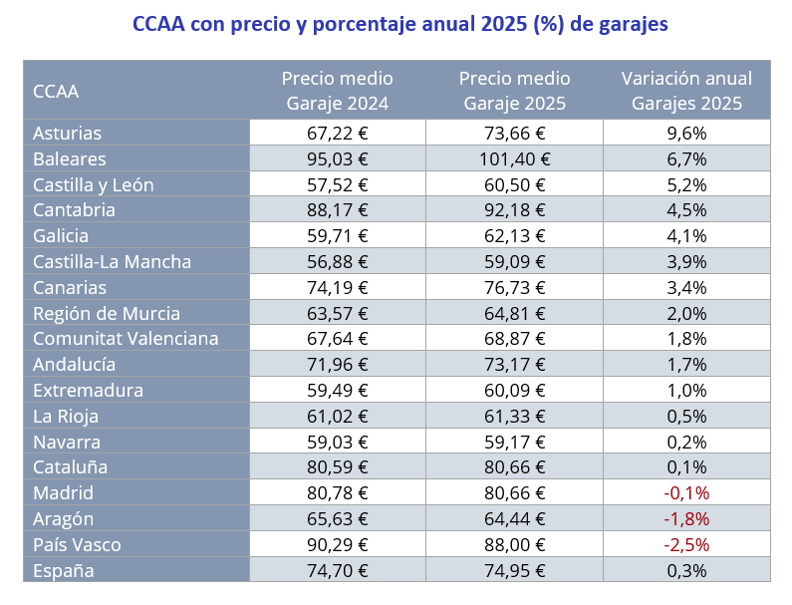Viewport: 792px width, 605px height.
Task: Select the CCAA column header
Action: (x=56, y=92)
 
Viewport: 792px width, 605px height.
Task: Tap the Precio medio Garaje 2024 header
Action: (x=337, y=91)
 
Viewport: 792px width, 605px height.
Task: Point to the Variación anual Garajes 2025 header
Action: (x=686, y=91)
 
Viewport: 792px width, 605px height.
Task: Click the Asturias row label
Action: (x=68, y=134)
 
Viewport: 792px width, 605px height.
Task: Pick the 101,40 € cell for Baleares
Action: (x=514, y=159)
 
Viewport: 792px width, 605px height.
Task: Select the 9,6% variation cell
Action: (x=686, y=134)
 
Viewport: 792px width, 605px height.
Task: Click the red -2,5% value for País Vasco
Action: (x=686, y=545)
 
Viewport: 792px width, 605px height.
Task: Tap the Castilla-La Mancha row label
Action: (x=112, y=262)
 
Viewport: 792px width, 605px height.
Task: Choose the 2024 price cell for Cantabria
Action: (x=337, y=210)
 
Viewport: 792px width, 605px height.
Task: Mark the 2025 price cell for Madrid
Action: (x=514, y=493)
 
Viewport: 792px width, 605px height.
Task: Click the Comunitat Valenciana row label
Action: (x=126, y=339)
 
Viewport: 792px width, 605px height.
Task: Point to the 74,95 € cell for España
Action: (x=514, y=571)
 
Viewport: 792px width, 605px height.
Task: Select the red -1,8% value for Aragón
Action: (x=686, y=519)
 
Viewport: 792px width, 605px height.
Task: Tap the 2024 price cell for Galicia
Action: (x=337, y=236)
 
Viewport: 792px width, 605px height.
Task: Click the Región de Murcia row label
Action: (x=107, y=314)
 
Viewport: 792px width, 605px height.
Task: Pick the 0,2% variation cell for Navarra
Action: (x=686, y=443)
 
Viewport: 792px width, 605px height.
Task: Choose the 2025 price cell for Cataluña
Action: (x=514, y=467)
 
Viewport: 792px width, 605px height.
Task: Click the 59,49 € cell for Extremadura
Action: (x=337, y=391)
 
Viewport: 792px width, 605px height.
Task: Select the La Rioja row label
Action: (x=66, y=417)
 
